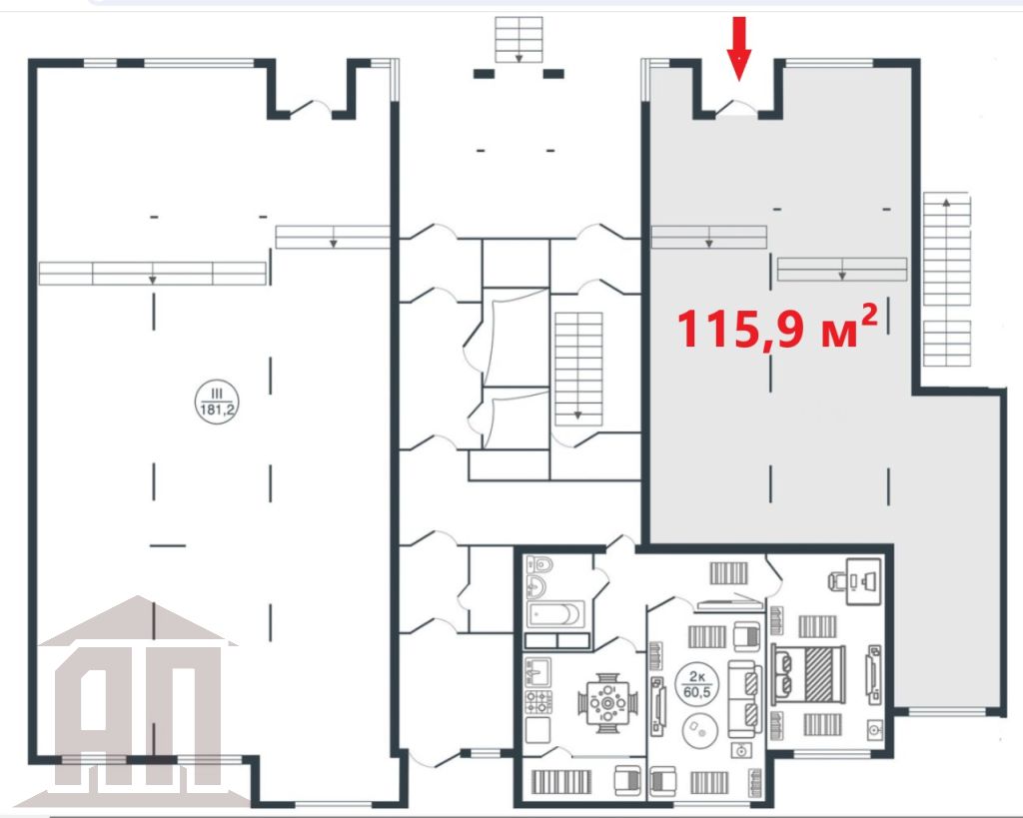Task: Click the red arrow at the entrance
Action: coord(738,49)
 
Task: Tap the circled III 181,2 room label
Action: coord(217,403)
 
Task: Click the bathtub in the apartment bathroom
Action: coord(555,614)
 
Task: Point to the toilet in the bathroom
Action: coord(539,563)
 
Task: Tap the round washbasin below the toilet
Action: coord(539,586)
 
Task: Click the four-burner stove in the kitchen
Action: coord(538,702)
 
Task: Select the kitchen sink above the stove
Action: coord(538,671)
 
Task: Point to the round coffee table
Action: coord(700,730)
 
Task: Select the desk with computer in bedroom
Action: coord(862,579)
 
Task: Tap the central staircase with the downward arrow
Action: coord(578,370)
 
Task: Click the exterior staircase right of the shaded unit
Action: coord(947,280)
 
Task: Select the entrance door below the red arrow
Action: coord(736,108)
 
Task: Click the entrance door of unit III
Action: coord(311,108)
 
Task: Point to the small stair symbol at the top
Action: coord(518,40)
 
